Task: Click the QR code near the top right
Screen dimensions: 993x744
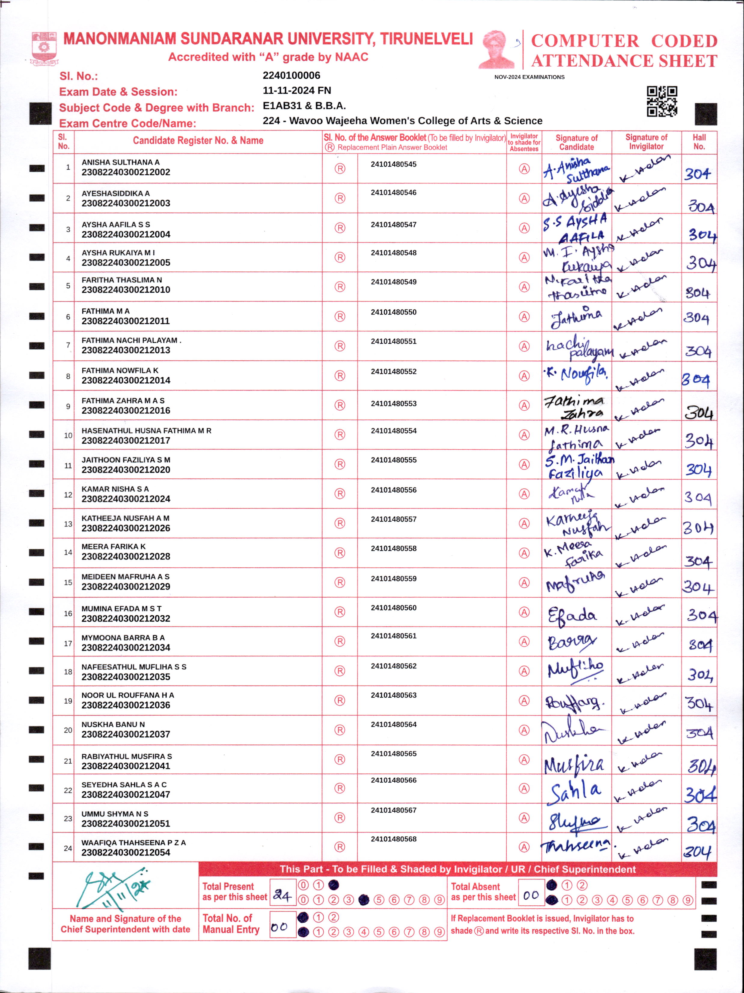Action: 662,101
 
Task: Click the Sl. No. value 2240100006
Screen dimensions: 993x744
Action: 291,75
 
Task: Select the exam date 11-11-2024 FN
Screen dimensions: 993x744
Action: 297,90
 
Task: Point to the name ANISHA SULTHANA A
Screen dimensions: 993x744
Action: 120,162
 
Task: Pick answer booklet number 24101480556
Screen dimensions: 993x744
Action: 394,490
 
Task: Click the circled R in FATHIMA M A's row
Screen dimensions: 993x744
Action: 340,316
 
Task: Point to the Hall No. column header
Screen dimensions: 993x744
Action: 699,142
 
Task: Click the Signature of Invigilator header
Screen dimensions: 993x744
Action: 646,142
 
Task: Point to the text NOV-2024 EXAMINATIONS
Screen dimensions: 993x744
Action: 529,77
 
